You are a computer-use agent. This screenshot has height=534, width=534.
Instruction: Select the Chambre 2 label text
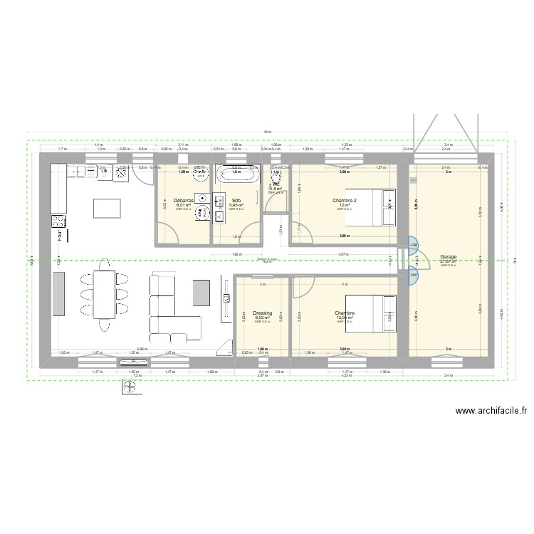point(345,201)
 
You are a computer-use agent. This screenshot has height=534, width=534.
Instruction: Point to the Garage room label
point(449,257)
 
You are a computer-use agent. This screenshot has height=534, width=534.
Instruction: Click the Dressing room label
point(263,313)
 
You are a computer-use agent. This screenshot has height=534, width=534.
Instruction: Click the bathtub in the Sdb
point(238,173)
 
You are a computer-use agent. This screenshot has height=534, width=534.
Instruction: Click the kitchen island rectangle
point(106,207)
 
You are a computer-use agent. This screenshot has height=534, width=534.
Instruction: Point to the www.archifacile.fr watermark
point(491,410)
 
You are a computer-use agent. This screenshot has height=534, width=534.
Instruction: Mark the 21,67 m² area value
point(449,261)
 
